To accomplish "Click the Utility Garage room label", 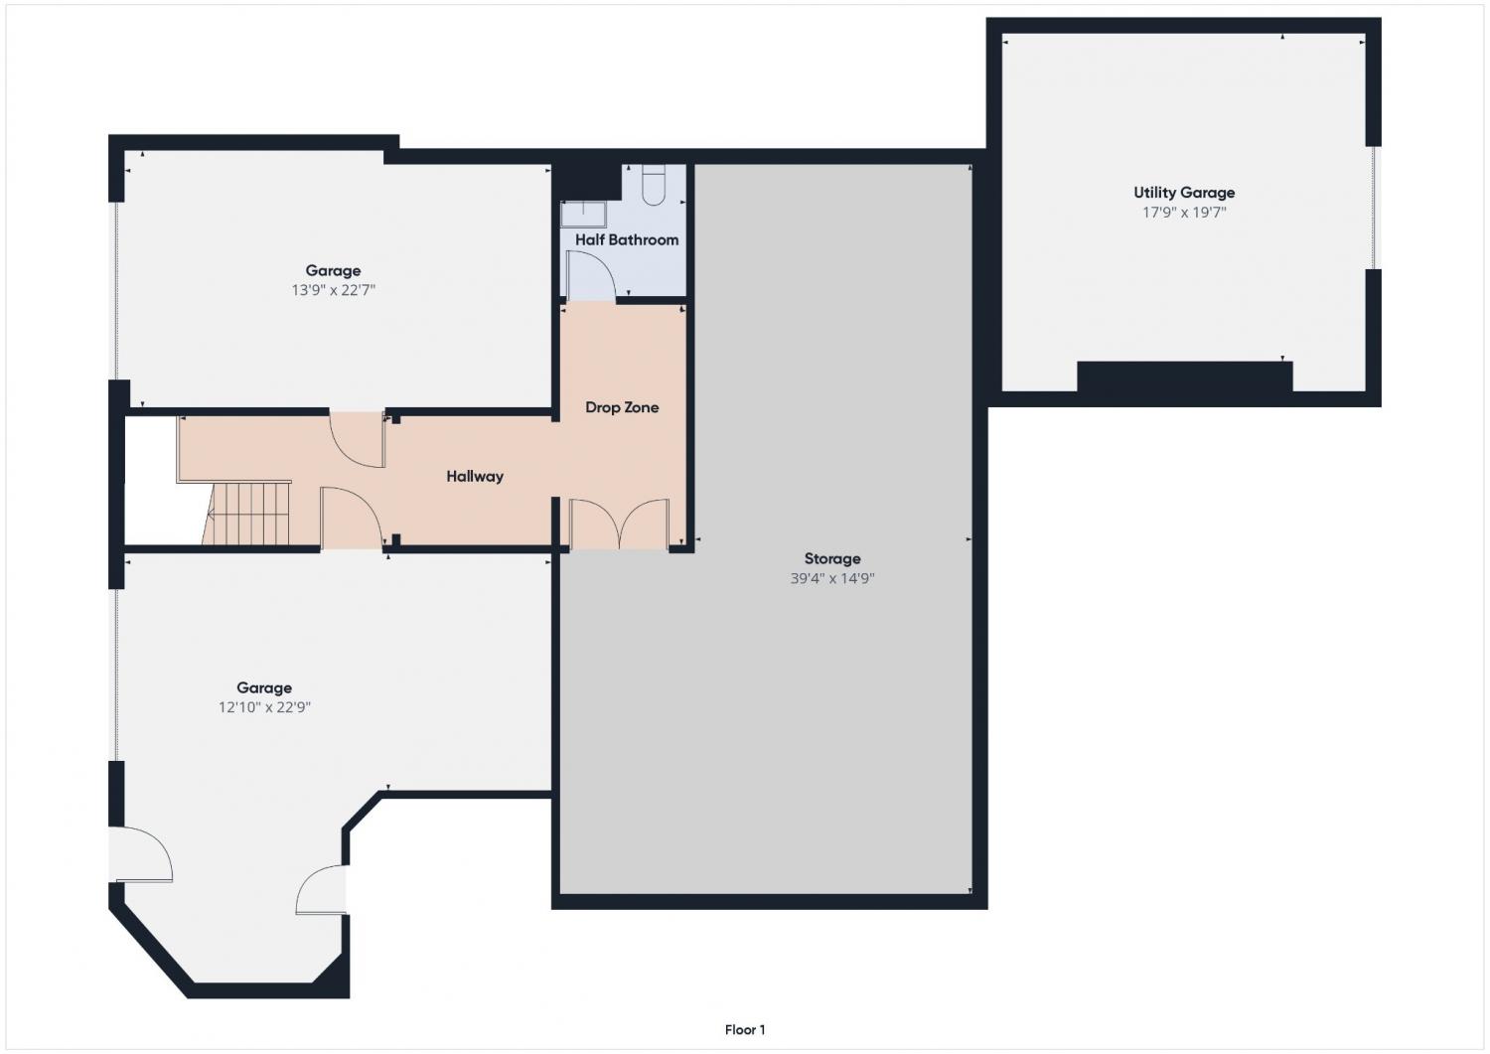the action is tap(1184, 193).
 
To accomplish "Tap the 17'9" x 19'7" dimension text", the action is tap(1184, 213).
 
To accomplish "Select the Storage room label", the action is tap(832, 559).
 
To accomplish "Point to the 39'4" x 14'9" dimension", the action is tap(832, 579).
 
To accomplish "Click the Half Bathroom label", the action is tap(627, 239).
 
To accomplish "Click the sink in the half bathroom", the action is tap(583, 215).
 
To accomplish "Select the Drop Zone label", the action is tap(622, 407).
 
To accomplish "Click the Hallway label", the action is tap(475, 477).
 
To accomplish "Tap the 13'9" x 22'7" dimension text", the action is tap(333, 290).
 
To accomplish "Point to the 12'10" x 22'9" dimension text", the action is tap(265, 707).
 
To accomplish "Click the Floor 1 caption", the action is tap(745, 1030).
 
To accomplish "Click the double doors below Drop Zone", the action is tap(619, 524).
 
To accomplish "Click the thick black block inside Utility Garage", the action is tap(1185, 376).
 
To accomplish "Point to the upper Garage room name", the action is tap(333, 271).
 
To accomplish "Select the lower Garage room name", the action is tap(265, 688).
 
